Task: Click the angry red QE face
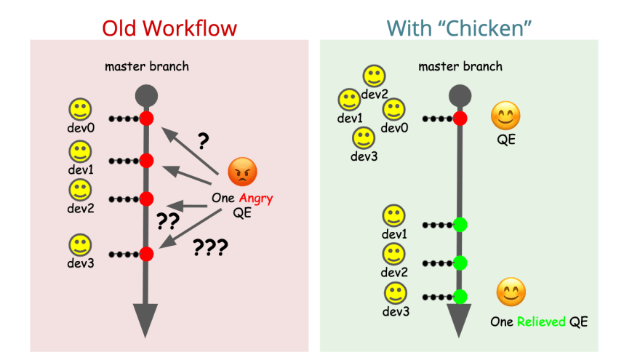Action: [242, 172]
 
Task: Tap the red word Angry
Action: [256, 199]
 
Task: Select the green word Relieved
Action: [541, 321]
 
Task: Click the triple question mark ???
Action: [210, 247]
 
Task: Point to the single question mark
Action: [203, 141]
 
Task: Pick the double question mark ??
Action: [168, 221]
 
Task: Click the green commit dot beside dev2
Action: [460, 263]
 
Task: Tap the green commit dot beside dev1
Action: [460, 225]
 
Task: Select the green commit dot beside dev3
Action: [460, 297]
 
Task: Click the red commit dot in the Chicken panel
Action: [460, 119]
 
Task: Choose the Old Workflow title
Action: [169, 28]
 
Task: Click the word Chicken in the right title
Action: [485, 28]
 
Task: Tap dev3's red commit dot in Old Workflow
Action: [146, 255]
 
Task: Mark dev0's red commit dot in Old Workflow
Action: [146, 119]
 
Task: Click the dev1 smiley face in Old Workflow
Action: [80, 152]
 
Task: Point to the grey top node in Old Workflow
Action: [146, 96]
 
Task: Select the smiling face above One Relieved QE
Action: [511, 292]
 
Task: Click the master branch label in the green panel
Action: [460, 66]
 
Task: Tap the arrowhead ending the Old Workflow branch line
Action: [145, 321]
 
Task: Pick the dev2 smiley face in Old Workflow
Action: [80, 191]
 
